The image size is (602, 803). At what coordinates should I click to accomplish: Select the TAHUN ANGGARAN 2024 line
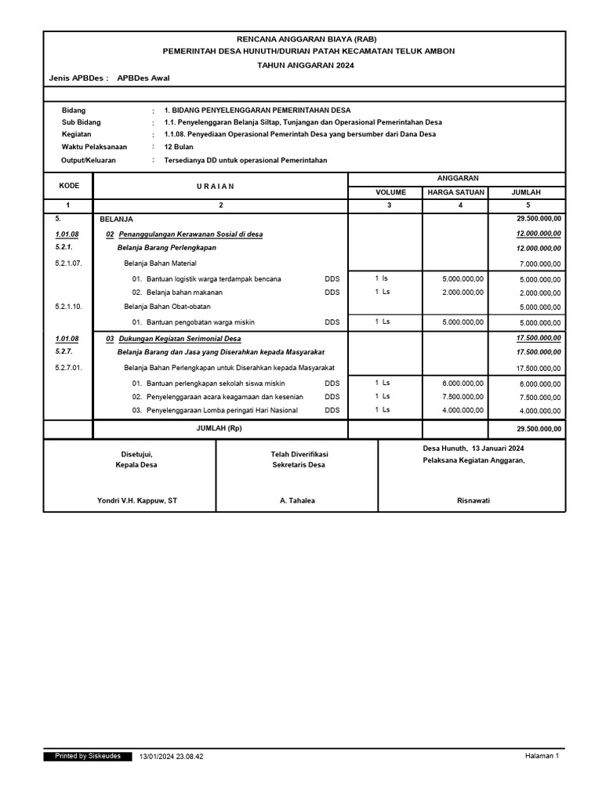click(306, 65)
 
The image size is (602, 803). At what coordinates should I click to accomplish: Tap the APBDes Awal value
click(143, 78)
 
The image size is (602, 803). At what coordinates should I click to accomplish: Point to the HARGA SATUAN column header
click(455, 191)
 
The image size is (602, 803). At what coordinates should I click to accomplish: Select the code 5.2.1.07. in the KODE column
click(69, 263)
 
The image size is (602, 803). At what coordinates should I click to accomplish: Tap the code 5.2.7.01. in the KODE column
click(69, 367)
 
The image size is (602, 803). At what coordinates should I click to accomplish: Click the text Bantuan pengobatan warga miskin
click(200, 322)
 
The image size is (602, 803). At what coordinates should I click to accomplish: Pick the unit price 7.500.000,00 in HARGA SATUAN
click(462, 396)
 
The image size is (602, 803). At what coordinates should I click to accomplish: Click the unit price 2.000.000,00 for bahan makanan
click(462, 292)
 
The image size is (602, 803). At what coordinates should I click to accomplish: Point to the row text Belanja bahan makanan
click(184, 292)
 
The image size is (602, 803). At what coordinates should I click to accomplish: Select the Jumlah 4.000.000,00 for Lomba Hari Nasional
click(540, 410)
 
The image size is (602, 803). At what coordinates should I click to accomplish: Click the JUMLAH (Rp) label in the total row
click(220, 429)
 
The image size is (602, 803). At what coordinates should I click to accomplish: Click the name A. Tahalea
click(297, 500)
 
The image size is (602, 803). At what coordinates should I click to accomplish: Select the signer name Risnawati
click(473, 500)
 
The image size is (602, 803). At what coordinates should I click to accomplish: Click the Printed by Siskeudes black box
click(88, 756)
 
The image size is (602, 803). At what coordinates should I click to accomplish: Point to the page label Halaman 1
click(542, 756)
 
